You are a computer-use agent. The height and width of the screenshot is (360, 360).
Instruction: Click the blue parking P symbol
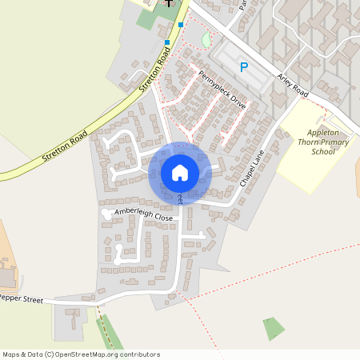click(244, 68)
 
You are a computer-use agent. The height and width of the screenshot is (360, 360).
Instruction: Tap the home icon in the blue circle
click(179, 171)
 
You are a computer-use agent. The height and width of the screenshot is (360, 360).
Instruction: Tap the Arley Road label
click(292, 83)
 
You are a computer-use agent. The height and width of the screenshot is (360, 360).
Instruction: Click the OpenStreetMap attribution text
click(81, 354)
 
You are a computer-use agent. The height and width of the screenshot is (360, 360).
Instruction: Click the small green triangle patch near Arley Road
click(207, 39)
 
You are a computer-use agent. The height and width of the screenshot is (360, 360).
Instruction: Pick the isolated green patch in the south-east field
click(274, 328)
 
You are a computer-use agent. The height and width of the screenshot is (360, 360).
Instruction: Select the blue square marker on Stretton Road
click(167, 42)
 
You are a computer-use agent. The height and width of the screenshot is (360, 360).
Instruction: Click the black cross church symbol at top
click(170, 2)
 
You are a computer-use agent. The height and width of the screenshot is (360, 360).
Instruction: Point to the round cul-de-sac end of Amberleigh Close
click(105, 214)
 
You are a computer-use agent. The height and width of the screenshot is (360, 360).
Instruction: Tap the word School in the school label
click(323, 151)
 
